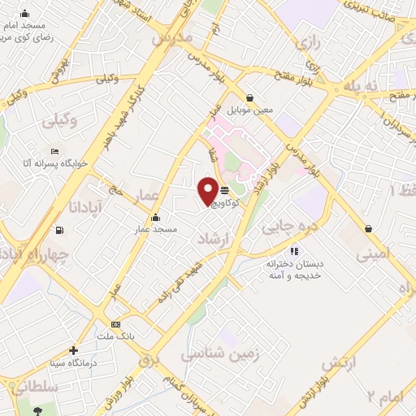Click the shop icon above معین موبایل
point(260,97)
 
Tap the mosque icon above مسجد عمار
point(156,218)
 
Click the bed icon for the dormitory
point(54,152)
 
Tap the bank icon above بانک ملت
point(115,323)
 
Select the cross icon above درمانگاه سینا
point(74,351)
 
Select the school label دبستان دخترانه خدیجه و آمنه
point(294,271)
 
